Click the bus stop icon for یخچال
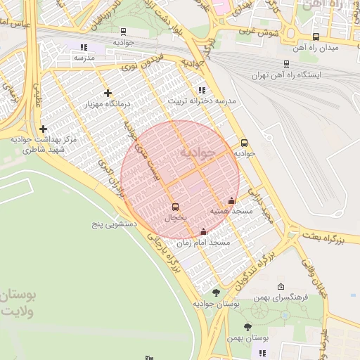pyautogui.click(x=175, y=207)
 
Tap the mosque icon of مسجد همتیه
pyautogui.click(x=231, y=201)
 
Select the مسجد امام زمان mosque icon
pyautogui.click(x=204, y=232)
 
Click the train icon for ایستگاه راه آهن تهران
pyautogui.click(x=286, y=63)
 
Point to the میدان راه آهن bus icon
pyautogui.click(x=316, y=37)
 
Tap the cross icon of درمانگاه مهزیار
pyautogui.click(x=108, y=93)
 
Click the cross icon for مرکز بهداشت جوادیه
pyautogui.click(x=44, y=129)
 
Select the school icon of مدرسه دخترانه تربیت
pyautogui.click(x=202, y=90)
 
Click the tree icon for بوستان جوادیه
pyautogui.click(x=215, y=292)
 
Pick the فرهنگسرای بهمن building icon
pyautogui.click(x=281, y=287)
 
